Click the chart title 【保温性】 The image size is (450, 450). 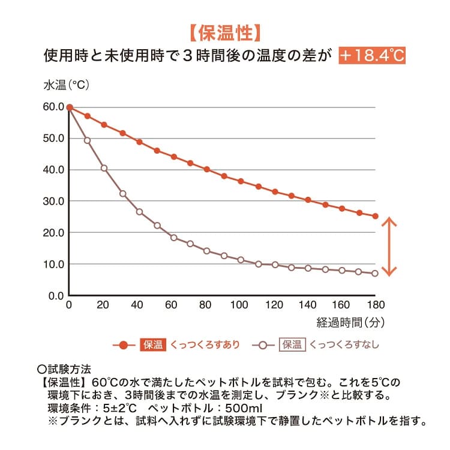point(225,33)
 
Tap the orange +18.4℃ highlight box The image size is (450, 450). point(372,55)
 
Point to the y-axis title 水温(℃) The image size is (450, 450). point(66,85)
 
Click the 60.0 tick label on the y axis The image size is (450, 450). point(53,107)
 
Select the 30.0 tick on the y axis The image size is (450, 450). point(53,201)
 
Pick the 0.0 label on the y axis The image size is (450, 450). point(56,296)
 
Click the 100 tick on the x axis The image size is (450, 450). point(239,305)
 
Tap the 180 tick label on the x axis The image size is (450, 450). point(376,305)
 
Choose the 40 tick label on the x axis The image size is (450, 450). point(137,305)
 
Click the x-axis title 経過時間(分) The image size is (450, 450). point(350,323)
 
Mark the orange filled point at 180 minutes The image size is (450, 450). point(375,216)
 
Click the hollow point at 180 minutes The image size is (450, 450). point(375,274)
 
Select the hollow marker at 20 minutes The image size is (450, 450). point(104,168)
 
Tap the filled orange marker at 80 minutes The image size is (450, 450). point(206,169)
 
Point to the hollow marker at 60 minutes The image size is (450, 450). point(173,238)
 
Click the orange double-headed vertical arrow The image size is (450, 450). point(389,247)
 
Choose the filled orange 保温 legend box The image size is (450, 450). point(153,344)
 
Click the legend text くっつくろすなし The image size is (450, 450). point(344,344)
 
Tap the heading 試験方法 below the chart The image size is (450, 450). point(69,369)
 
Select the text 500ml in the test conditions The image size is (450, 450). point(244,408)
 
